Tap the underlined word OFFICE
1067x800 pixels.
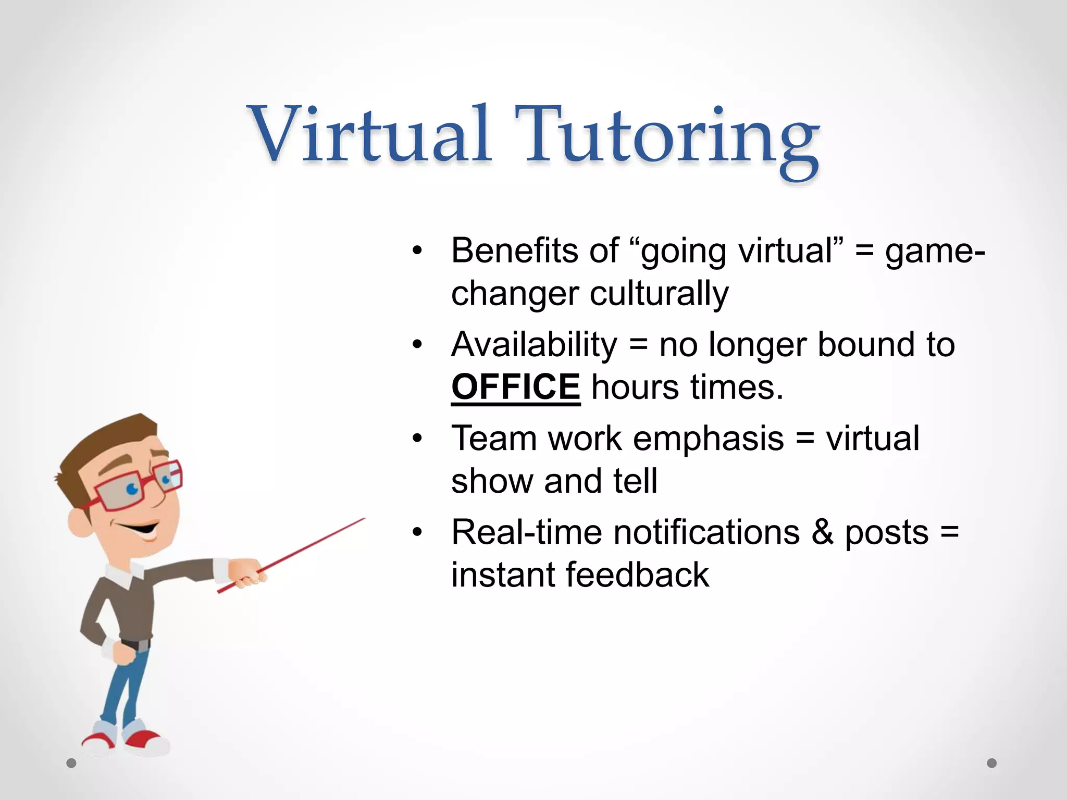tap(515, 387)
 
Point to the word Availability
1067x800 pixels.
tap(534, 345)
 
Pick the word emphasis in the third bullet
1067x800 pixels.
tap(708, 439)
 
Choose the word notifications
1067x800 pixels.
tap(706, 533)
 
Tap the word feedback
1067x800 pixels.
tap(637, 575)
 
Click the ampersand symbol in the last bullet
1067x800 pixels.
tap(822, 533)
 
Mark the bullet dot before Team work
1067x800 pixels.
tap(417, 439)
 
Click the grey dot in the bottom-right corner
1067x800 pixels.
tap(991, 763)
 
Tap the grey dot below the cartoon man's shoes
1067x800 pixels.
tap(71, 763)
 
